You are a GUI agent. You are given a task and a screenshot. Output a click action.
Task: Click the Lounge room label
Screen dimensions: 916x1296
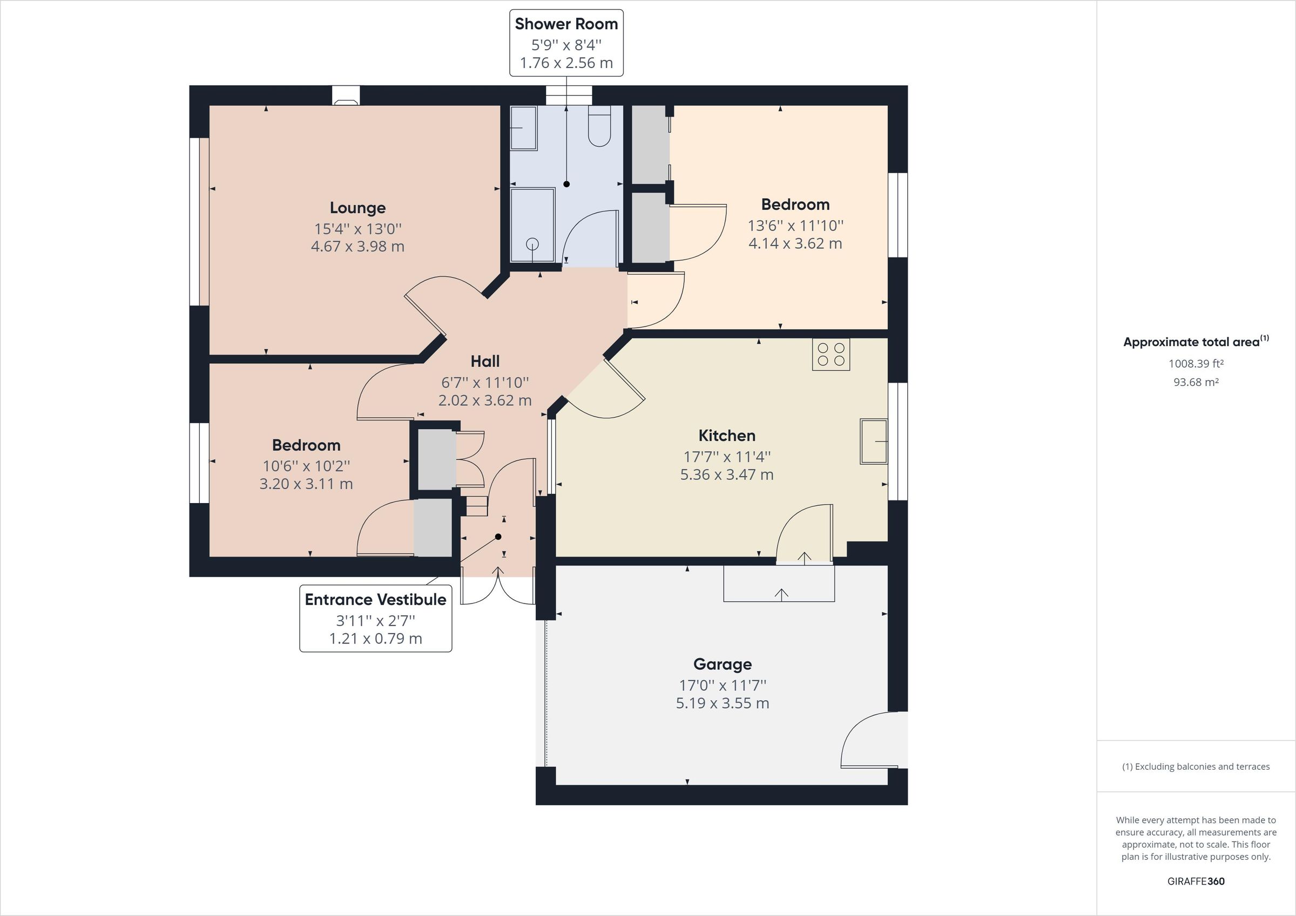[357, 208]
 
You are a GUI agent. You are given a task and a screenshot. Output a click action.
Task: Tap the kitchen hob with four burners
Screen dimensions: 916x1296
[831, 355]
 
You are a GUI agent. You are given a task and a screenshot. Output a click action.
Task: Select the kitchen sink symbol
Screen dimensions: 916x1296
[873, 442]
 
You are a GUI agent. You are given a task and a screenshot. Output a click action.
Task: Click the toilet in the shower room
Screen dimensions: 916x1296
[599, 126]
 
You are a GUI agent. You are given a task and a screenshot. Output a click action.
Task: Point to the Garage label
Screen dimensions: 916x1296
[722, 664]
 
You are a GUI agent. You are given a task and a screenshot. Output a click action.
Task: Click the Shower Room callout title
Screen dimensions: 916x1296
[566, 24]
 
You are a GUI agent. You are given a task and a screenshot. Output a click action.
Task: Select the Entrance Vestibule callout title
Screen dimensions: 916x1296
[375, 599]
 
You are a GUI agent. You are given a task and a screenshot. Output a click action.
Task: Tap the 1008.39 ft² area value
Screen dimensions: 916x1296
[1196, 364]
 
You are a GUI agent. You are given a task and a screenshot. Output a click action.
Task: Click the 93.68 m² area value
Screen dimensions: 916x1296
[1196, 382]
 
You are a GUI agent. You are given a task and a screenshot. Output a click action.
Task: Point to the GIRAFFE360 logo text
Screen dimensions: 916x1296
[1196, 881]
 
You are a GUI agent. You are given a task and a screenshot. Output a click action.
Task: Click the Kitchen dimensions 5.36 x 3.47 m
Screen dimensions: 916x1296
[726, 474]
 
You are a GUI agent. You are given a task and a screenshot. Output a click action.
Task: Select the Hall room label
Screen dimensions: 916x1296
[485, 361]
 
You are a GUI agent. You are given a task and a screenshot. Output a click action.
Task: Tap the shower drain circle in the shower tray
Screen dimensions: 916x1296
[532, 244]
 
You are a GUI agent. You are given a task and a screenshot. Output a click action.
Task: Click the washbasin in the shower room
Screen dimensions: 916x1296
[523, 128]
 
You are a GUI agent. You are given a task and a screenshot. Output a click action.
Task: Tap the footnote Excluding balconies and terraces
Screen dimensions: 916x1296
[1196, 766]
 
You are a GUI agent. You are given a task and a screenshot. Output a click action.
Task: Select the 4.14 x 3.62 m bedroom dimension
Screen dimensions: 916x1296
[795, 244]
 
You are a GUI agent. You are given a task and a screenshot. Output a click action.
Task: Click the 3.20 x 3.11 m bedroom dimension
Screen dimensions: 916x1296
[306, 484]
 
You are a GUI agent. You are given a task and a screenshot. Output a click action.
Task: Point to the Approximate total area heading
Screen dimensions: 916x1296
[1191, 342]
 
